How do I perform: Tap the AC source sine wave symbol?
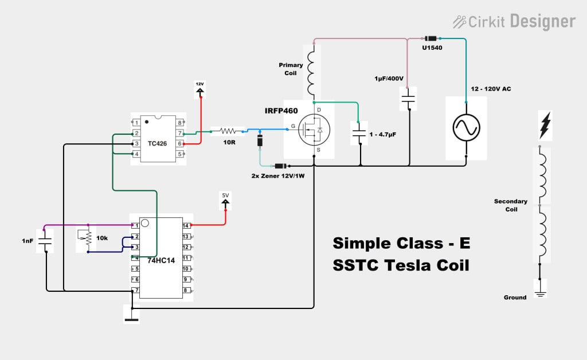click(x=466, y=128)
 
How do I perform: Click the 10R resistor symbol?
click(x=228, y=131)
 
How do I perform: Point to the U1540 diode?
click(x=429, y=38)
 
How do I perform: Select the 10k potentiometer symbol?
click(x=88, y=237)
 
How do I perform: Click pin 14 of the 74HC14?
click(x=186, y=226)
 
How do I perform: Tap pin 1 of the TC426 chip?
click(x=136, y=123)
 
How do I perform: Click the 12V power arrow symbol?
click(x=200, y=88)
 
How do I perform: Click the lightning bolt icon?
click(x=545, y=126)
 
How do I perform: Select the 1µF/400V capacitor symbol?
click(x=408, y=98)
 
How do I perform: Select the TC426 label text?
click(x=156, y=143)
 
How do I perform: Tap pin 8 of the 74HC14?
click(x=186, y=291)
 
